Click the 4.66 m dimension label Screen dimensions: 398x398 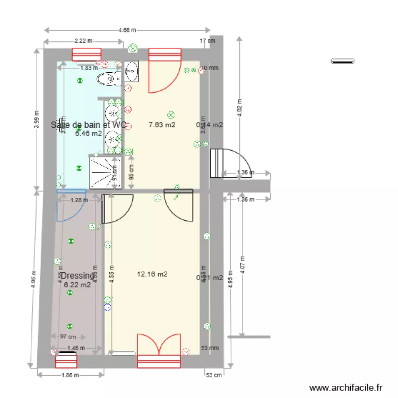tap(126, 31)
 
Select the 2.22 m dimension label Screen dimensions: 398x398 tap(83, 40)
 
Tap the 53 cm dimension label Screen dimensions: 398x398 tap(213, 375)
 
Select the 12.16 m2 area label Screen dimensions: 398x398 tap(152, 274)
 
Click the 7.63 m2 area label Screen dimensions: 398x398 tap(162, 125)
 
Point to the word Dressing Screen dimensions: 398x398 tap(77, 276)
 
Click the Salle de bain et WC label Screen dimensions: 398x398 tap(89, 125)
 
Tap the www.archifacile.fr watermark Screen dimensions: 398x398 tap(345, 388)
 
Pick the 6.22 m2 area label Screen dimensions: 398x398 tap(77, 284)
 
